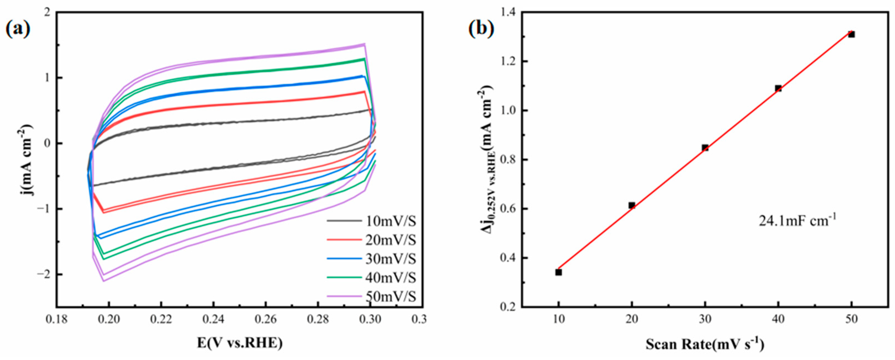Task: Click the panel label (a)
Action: coord(18,30)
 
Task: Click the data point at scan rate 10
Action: coord(558,272)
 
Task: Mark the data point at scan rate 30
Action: coord(705,148)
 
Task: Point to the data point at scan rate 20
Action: coord(632,205)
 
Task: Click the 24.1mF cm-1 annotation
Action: coord(797,220)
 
